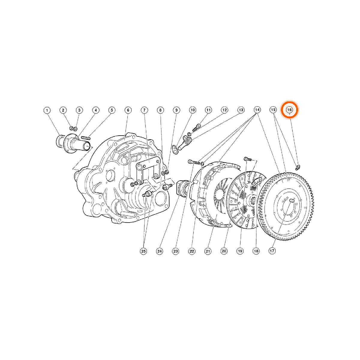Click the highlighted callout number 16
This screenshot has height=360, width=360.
click(289, 110)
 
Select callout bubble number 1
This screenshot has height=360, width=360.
click(47, 110)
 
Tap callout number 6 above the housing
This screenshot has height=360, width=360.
click(128, 110)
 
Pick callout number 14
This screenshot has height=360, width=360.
click(257, 110)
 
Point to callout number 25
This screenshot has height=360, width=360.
click(143, 251)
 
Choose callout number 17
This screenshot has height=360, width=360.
click(272, 251)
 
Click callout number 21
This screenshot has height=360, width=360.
click(208, 251)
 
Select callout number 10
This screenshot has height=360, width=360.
click(193, 110)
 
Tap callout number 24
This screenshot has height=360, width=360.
click(159, 251)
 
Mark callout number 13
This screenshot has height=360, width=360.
click(241, 110)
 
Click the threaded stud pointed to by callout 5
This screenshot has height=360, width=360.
click(86, 138)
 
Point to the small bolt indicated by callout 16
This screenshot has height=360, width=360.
click(298, 167)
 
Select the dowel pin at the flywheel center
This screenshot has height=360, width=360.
click(292, 200)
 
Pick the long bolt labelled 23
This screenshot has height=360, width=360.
click(194, 162)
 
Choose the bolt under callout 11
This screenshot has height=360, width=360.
click(196, 128)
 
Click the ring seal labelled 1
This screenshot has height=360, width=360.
click(60, 141)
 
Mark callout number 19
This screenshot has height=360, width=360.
click(240, 251)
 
